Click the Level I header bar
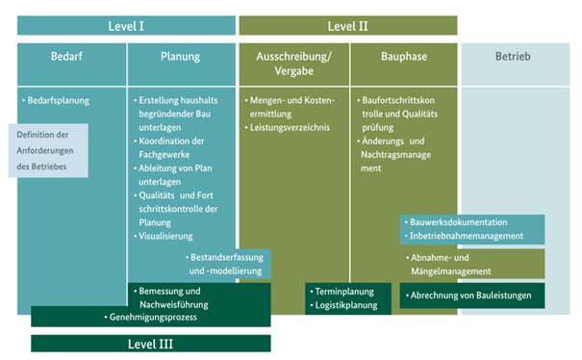(x=127, y=25)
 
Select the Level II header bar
(x=348, y=25)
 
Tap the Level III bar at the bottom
(x=151, y=343)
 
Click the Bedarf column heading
(x=72, y=57)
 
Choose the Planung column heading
(x=181, y=57)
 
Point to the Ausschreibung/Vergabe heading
(x=293, y=63)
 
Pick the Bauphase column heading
(x=404, y=57)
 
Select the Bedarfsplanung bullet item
(x=59, y=100)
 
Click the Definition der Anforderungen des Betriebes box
(x=49, y=150)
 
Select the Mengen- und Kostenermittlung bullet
(x=292, y=107)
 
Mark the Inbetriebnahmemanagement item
(x=467, y=236)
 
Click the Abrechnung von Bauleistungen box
(x=471, y=296)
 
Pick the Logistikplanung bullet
(x=347, y=305)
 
